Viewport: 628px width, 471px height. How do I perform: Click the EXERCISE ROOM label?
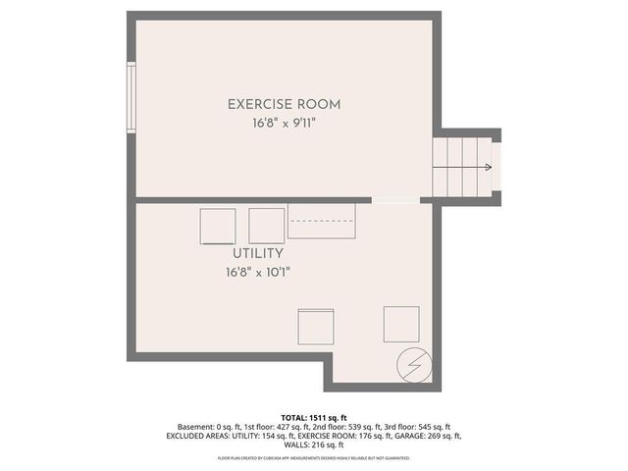pyautogui.click(x=284, y=103)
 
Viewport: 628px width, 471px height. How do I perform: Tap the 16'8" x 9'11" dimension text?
pyautogui.click(x=284, y=124)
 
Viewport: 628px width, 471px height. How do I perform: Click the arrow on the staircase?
pyautogui.click(x=488, y=167)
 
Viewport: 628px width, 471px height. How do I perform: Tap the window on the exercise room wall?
pyautogui.click(x=131, y=97)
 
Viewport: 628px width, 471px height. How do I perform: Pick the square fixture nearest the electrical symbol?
pyautogui.click(x=400, y=323)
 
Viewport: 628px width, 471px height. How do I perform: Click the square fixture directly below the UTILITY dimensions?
pyautogui.click(x=315, y=326)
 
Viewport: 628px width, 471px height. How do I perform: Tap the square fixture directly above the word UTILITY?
pyautogui.click(x=217, y=227)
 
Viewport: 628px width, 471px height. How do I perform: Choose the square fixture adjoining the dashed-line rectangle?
pyautogui.click(x=266, y=225)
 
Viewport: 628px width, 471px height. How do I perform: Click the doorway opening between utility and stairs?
pyautogui.click(x=396, y=201)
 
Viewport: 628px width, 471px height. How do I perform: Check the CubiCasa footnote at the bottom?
pyautogui.click(x=313, y=458)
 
